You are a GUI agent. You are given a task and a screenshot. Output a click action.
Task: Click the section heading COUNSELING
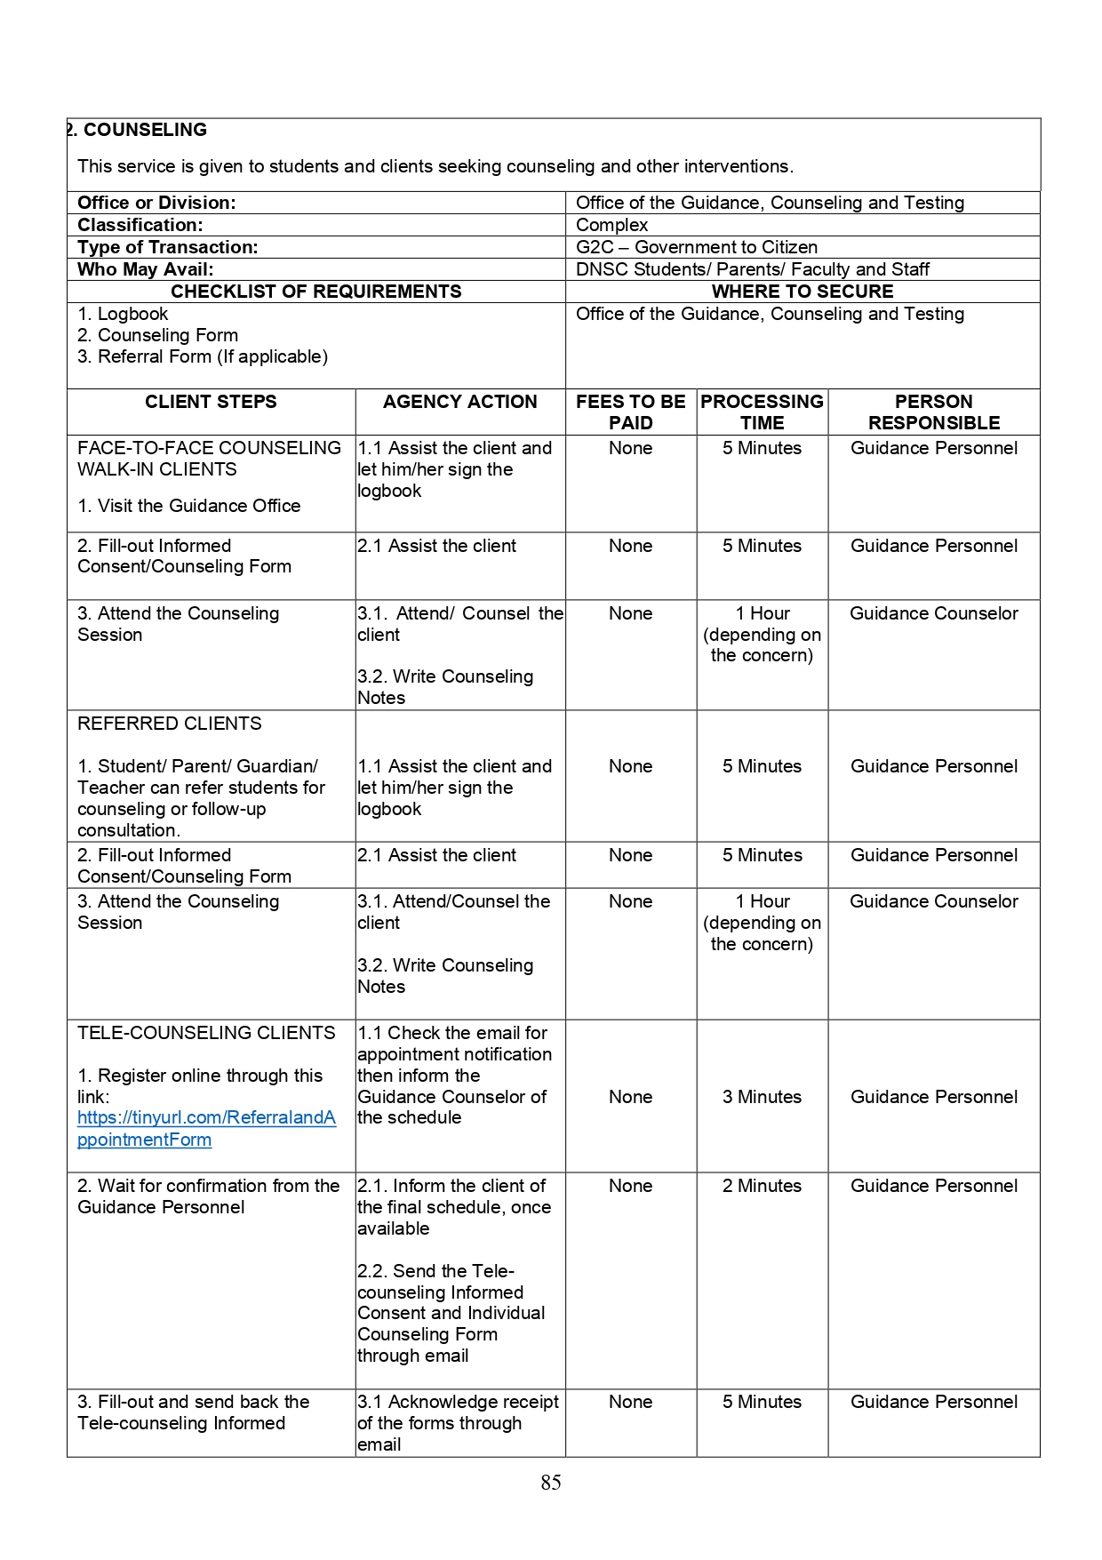pyautogui.click(x=144, y=130)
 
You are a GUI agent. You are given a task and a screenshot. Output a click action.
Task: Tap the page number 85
pyautogui.click(x=551, y=1482)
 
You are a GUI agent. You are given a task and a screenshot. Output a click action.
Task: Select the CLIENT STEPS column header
pyautogui.click(x=211, y=402)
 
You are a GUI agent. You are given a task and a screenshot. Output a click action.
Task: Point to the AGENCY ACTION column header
pyautogui.click(x=459, y=402)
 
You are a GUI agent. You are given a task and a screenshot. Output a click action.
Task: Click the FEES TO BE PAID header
pyautogui.click(x=630, y=412)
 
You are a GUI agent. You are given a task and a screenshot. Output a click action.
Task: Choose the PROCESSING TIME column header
pyautogui.click(x=762, y=412)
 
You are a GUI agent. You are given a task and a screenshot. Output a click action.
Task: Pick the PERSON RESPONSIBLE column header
pyautogui.click(x=933, y=412)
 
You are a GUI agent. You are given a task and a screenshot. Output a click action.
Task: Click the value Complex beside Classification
pyautogui.click(x=612, y=225)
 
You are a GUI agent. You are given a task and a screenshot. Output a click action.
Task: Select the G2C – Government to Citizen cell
pyautogui.click(x=697, y=247)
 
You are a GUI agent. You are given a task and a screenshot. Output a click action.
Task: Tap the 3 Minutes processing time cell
pyautogui.click(x=762, y=1097)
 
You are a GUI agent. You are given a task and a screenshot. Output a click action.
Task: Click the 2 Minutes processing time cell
pyautogui.click(x=762, y=1186)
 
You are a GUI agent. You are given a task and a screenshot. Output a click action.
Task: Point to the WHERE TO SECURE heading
pyautogui.click(x=802, y=292)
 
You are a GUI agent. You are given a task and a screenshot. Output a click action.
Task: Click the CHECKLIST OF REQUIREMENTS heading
pyautogui.click(x=315, y=292)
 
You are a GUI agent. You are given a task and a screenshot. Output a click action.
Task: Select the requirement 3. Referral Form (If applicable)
pyautogui.click(x=203, y=356)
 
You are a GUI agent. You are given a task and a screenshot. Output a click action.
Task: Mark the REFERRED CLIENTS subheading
pyautogui.click(x=170, y=724)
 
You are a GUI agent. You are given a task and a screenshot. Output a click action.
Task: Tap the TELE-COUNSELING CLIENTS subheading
pyautogui.click(x=206, y=1033)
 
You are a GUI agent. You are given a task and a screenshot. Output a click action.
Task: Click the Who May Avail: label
pyautogui.click(x=146, y=269)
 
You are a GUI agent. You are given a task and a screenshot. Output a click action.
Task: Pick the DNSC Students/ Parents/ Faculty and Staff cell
pyautogui.click(x=752, y=269)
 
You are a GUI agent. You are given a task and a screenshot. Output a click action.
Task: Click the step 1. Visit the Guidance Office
pyautogui.click(x=189, y=506)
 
